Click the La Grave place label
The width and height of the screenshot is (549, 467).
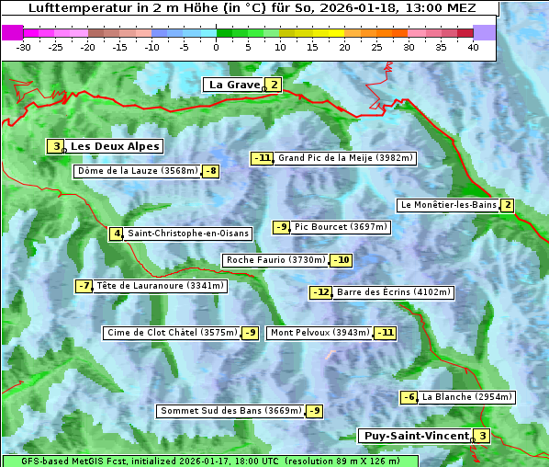(234, 85)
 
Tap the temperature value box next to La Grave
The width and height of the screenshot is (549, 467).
(274, 85)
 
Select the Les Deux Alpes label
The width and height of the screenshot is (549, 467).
(116, 146)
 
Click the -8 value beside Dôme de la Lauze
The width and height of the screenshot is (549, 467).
(211, 171)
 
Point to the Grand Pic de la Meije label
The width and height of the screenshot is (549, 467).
(345, 158)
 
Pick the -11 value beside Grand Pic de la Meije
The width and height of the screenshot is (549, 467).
(263, 158)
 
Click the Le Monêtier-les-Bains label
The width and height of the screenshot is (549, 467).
(448, 205)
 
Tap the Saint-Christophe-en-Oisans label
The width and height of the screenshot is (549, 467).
(174, 233)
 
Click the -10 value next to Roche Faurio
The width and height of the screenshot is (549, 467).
(341, 260)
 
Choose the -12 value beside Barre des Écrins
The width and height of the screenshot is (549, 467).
(320, 292)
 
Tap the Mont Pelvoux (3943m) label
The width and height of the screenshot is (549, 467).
(319, 333)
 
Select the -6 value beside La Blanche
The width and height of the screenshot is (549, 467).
(409, 397)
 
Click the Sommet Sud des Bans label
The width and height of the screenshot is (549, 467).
(230, 411)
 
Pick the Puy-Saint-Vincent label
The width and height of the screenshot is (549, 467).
(415, 436)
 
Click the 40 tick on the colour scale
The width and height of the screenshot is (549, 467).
(472, 47)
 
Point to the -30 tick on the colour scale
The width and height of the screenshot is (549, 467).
(25, 47)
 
